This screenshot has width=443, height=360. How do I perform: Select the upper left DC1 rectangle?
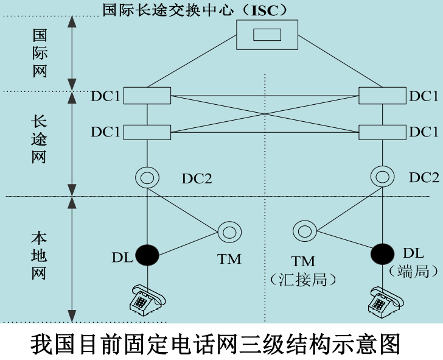pyautogui.click(x=147, y=96)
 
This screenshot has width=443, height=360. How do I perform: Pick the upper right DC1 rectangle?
pyautogui.click(x=382, y=96)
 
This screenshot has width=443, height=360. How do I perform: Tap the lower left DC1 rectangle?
pyautogui.click(x=147, y=132)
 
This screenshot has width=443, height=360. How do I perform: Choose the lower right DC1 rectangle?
pyautogui.click(x=382, y=132)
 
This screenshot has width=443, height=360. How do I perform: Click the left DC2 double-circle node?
pyautogui.click(x=147, y=177)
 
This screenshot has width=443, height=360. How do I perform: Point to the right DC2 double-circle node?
pyautogui.click(x=383, y=177)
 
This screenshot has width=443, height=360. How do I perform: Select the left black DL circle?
pyautogui.click(x=147, y=255)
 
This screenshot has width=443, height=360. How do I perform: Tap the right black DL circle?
pyautogui.click(x=383, y=253)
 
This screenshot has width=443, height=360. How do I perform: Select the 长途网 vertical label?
pyautogui.click(x=39, y=138)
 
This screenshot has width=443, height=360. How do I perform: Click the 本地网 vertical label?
pyautogui.click(x=39, y=255)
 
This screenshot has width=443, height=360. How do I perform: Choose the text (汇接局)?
pyautogui.click(x=303, y=279)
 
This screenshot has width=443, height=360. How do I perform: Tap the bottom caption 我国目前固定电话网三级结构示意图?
pyautogui.click(x=216, y=342)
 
